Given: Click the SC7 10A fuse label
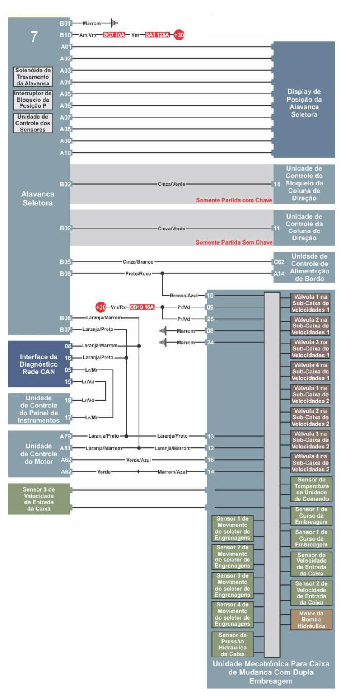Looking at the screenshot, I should pyautogui.click(x=114, y=35).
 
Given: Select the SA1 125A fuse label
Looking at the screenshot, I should pyautogui.click(x=157, y=35).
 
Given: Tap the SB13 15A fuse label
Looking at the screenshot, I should pyautogui.click(x=142, y=307).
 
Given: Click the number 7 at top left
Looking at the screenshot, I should pyautogui.click(x=34, y=37).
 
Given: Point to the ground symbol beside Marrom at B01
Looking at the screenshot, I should pyautogui.click(x=114, y=23).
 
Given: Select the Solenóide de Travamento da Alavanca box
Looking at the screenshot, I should pyautogui.click(x=33, y=77).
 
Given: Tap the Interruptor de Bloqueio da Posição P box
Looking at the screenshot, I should pyautogui.click(x=33, y=100).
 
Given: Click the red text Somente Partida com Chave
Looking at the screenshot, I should pyautogui.click(x=234, y=200).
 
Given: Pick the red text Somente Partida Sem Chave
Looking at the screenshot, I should pyautogui.click(x=234, y=242).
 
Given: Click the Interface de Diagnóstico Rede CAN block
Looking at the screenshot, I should pyautogui.click(x=38, y=364).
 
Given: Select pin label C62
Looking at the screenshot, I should pyautogui.click(x=279, y=262).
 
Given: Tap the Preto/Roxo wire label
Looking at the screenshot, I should pyautogui.click(x=138, y=273).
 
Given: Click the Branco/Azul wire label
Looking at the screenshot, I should pyautogui.click(x=184, y=296).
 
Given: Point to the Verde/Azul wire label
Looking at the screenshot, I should pyautogui.click(x=138, y=460).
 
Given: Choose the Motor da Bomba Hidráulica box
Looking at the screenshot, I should pyautogui.click(x=311, y=620).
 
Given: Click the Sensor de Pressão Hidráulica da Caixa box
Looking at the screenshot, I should pyautogui.click(x=232, y=644).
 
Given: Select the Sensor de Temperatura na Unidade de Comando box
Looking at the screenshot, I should pyautogui.click(x=311, y=489).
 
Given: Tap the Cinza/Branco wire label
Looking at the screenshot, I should pyautogui.click(x=138, y=262).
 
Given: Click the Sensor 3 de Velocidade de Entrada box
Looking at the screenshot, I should pyautogui.click(x=39, y=499).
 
